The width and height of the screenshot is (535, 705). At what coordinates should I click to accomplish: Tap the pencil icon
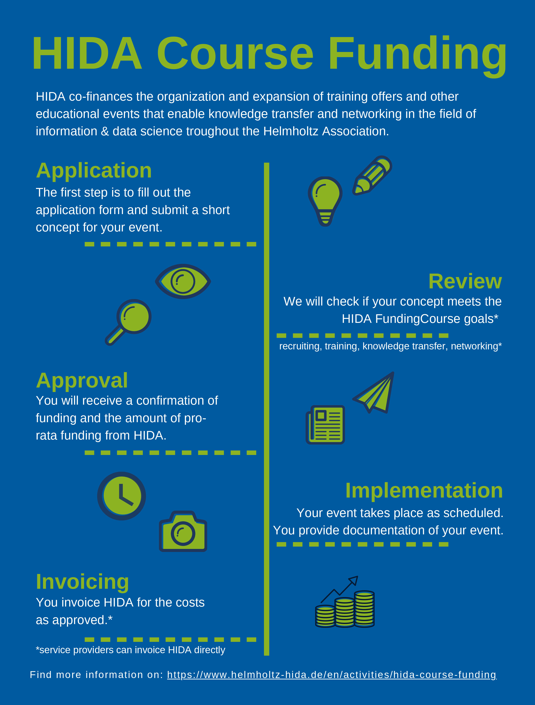click(x=372, y=175)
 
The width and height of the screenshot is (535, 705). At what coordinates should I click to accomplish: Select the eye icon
click(x=183, y=282)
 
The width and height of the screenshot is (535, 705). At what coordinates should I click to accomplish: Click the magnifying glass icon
click(x=128, y=322)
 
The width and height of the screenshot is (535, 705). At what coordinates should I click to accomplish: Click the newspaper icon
click(x=325, y=425)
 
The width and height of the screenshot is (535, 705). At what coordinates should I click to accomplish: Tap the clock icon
click(x=121, y=496)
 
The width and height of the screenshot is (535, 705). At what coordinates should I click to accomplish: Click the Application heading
click(x=94, y=170)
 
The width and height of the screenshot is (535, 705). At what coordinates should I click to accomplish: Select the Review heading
click(x=465, y=282)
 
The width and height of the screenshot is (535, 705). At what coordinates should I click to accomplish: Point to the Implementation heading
click(x=424, y=490)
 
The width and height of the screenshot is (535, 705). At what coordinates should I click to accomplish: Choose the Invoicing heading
click(x=83, y=582)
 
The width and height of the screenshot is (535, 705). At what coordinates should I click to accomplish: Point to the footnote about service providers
click(x=130, y=650)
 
